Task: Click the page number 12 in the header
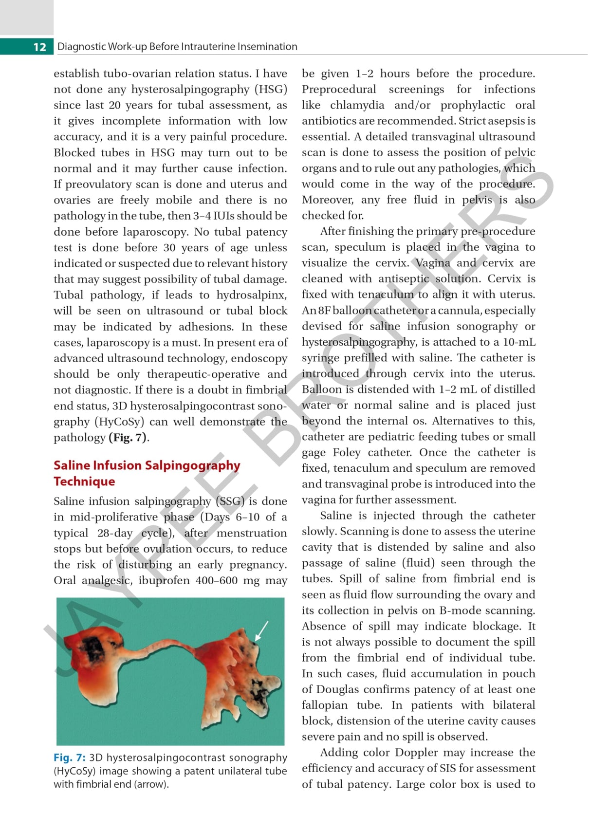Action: [39, 47]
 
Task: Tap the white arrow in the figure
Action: [261, 630]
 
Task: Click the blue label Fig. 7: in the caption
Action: [70, 758]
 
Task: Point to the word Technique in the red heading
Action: [84, 481]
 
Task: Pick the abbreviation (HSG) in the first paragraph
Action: [271, 90]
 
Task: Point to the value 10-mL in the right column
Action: [519, 342]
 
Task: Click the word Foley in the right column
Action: [347, 453]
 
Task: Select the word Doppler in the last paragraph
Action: [417, 753]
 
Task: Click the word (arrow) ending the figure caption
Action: [151, 784]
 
